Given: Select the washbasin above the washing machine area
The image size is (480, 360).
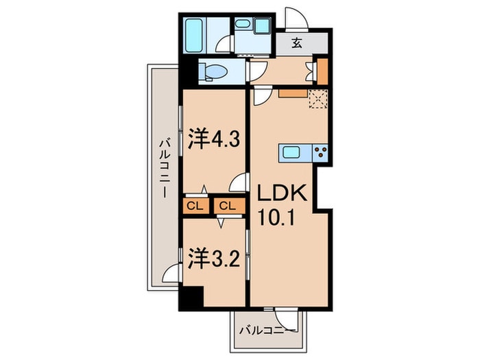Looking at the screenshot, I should (x=243, y=25).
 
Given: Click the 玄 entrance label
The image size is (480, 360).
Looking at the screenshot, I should (x=297, y=43).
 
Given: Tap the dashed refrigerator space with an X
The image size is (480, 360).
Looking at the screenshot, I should (x=318, y=99).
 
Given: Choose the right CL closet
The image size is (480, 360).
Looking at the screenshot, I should (x=227, y=206).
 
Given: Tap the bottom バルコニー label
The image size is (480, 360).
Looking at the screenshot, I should (x=267, y=333).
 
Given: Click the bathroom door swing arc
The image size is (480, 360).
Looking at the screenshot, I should (x=224, y=45).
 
